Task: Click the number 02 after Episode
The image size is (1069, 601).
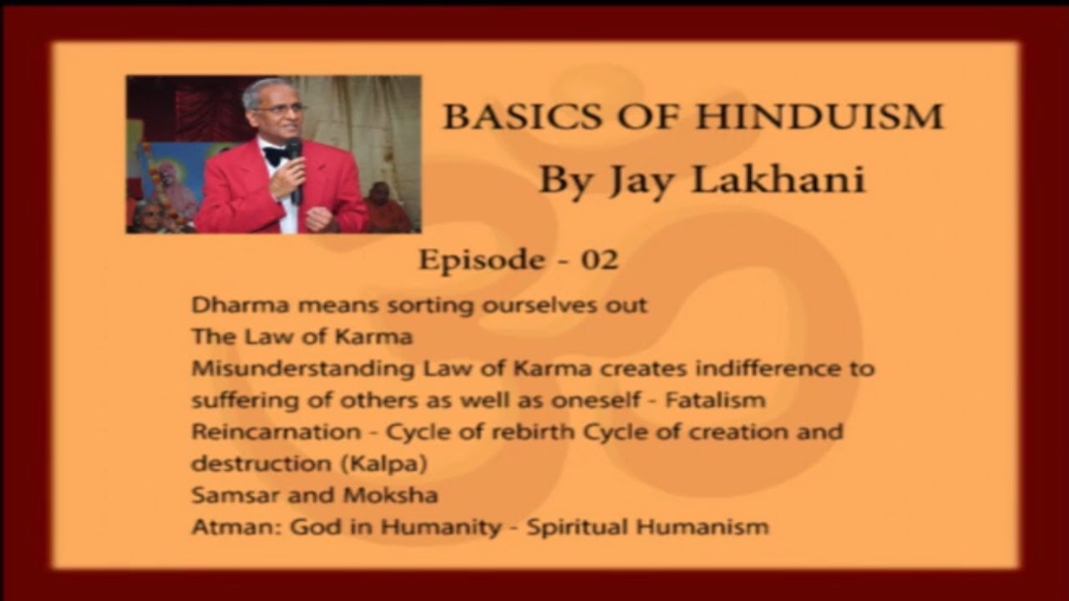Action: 599,260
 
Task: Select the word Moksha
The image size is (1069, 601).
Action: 390,495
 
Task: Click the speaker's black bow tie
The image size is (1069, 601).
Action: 276,155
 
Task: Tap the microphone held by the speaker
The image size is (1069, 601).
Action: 294,163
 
